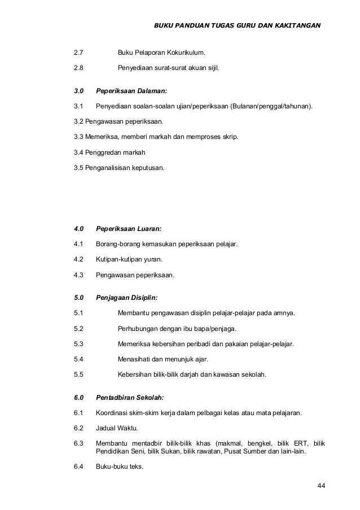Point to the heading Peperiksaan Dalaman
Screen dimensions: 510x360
(x=131, y=90)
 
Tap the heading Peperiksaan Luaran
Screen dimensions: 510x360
(x=129, y=229)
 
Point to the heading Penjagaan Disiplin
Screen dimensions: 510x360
(x=127, y=297)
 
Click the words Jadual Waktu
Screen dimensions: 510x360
(x=116, y=428)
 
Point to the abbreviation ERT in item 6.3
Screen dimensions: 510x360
(x=295, y=443)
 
